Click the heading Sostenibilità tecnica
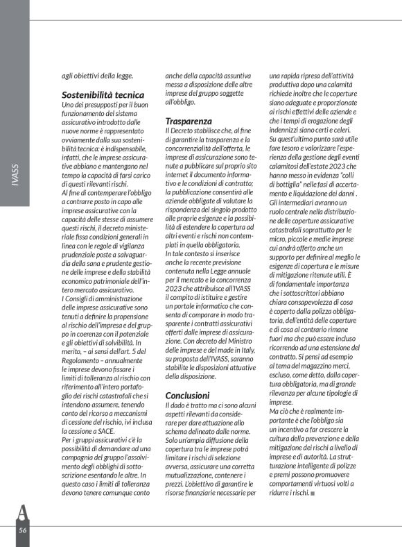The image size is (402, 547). point(103,94)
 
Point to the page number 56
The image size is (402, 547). point(23,529)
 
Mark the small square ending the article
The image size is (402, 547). point(313,493)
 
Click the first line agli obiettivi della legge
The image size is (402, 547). point(98,76)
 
